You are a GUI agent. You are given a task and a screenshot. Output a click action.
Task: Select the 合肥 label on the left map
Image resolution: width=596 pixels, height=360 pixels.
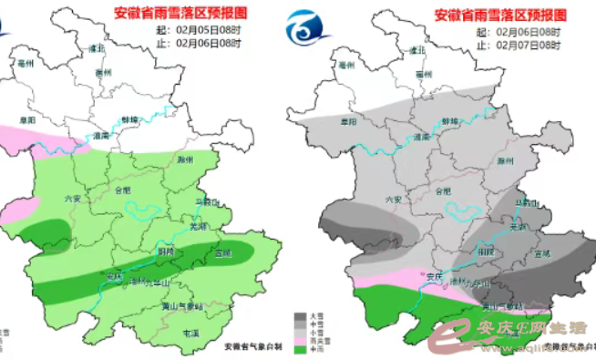tap(123, 190)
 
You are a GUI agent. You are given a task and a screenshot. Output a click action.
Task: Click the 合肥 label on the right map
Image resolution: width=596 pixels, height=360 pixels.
tap(443, 191)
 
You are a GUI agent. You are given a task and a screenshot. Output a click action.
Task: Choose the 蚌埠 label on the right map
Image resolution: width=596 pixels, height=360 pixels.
tap(450, 119)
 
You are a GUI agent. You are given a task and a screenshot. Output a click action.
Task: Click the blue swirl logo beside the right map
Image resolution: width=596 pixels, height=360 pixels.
tap(307, 37)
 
